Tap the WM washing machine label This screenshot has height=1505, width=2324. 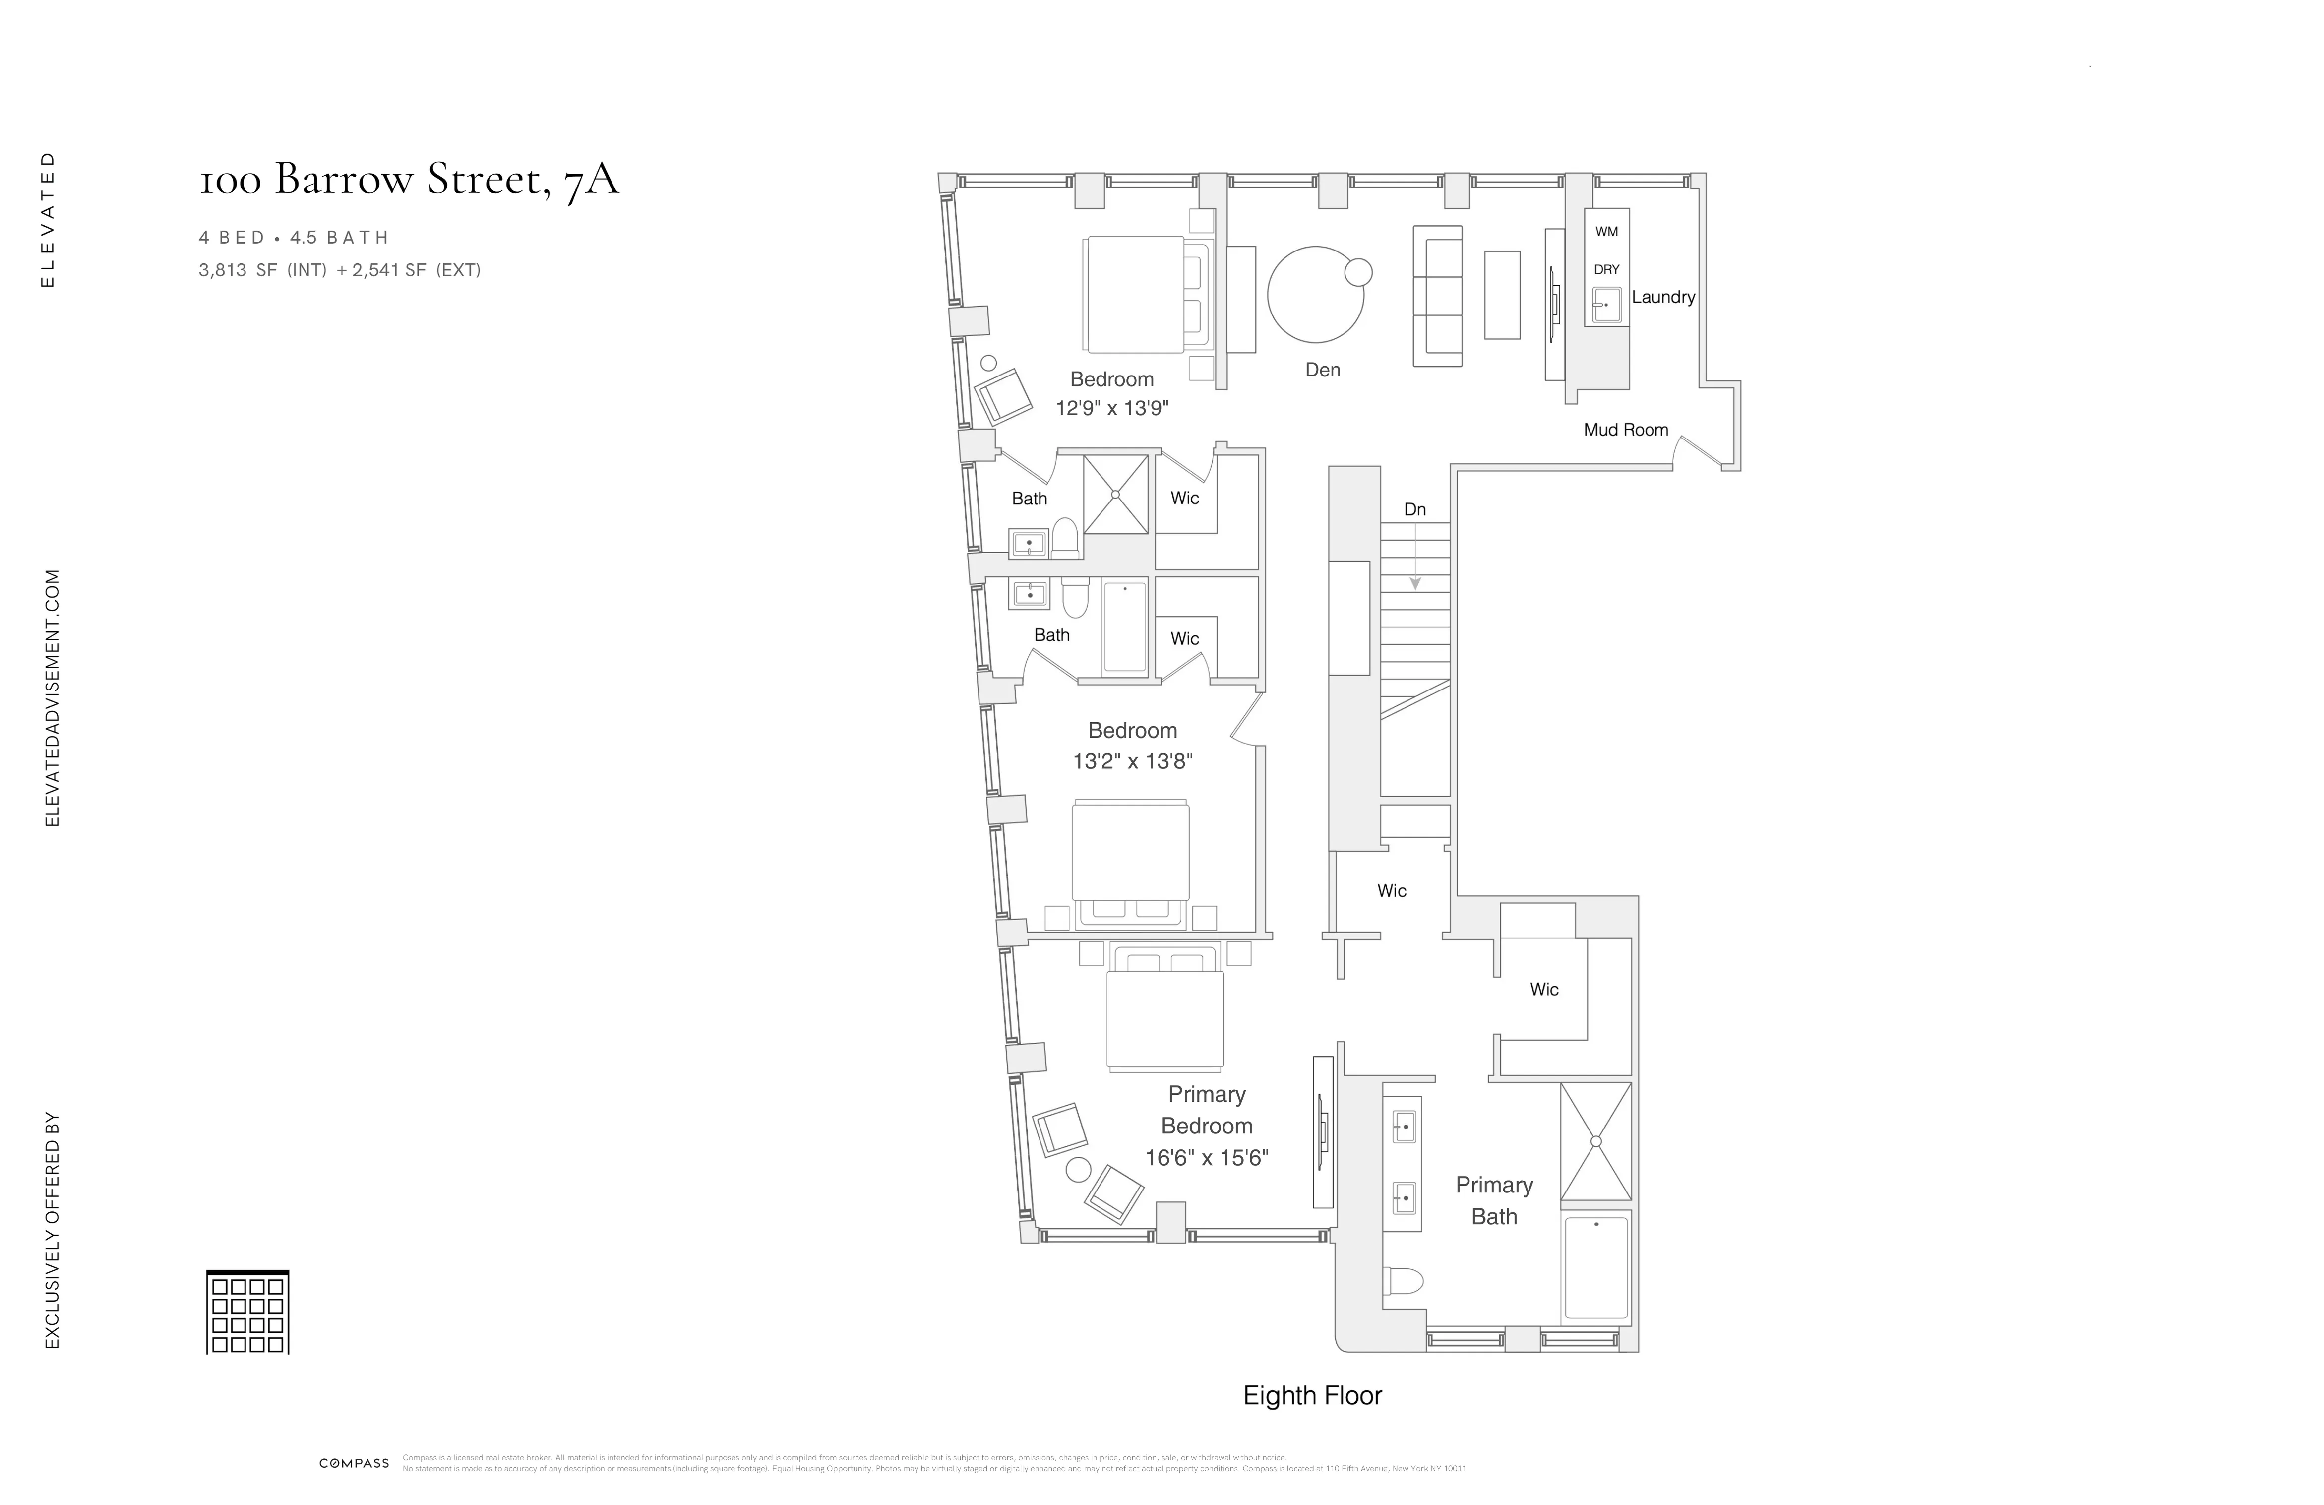1606,232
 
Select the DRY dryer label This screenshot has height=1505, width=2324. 1606,269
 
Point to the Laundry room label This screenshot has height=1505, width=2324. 1663,297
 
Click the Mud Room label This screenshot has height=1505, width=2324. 1626,430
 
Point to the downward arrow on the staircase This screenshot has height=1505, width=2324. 1415,583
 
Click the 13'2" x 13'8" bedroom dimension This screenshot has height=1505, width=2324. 1133,762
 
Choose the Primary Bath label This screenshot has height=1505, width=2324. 1494,1200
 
